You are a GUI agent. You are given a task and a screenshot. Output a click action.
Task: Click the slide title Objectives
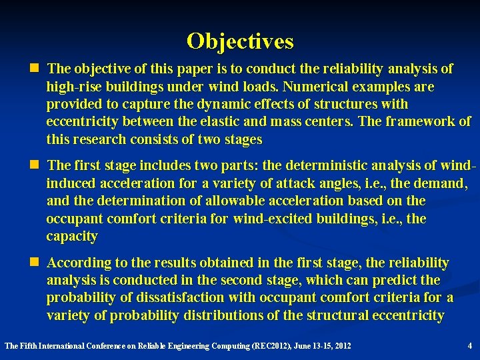coord(240,41)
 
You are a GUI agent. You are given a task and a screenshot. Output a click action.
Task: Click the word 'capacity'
coord(72,237)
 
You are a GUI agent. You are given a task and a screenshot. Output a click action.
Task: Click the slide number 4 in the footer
coord(470,345)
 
